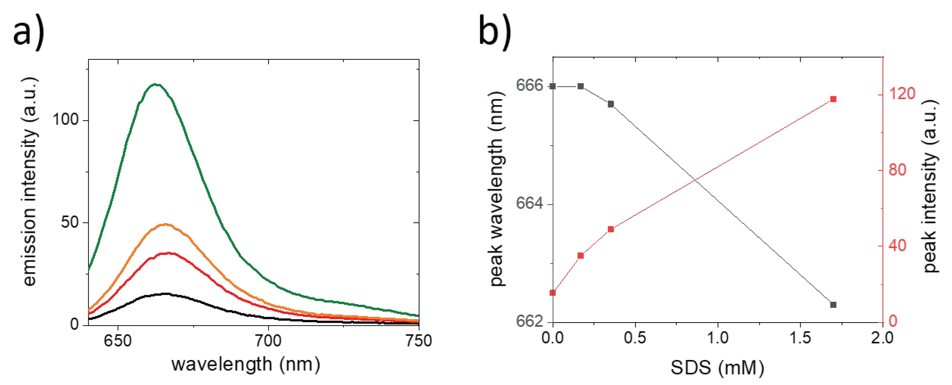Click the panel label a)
(x=28, y=33)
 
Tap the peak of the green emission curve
(x=155, y=84)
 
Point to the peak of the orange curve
(x=166, y=224)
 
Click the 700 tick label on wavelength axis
(x=268, y=341)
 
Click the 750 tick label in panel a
(x=419, y=341)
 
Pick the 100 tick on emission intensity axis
(x=65, y=120)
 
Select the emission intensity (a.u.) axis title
(x=30, y=181)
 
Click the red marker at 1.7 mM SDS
(x=833, y=99)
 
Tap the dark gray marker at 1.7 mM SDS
(x=833, y=305)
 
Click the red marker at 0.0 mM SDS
(x=553, y=293)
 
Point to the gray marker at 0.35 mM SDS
(x=611, y=104)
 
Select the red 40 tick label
(x=897, y=245)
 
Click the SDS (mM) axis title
(x=717, y=368)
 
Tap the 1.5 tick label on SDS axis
(x=800, y=338)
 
